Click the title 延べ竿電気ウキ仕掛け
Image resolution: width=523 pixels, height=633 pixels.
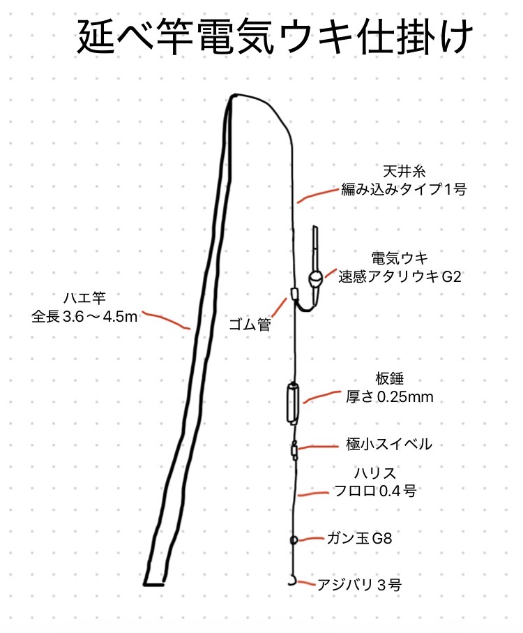click(x=275, y=38)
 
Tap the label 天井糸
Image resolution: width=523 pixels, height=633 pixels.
click(x=404, y=172)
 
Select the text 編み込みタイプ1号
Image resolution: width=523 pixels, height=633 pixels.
click(x=404, y=189)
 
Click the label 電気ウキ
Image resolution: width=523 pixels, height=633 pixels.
click(x=399, y=258)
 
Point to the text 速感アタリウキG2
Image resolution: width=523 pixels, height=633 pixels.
click(x=399, y=276)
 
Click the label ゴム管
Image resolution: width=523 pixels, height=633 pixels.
click(x=250, y=324)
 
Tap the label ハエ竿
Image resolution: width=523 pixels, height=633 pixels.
click(x=84, y=298)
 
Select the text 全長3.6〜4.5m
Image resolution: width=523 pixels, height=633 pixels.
click(x=84, y=317)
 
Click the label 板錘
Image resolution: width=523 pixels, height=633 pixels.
click(x=389, y=379)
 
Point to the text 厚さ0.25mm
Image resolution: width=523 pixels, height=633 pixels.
click(x=389, y=397)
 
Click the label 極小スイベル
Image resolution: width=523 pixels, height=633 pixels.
click(x=388, y=444)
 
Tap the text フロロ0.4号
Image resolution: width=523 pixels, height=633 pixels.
click(x=375, y=491)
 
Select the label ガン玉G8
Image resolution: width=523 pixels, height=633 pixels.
click(x=359, y=538)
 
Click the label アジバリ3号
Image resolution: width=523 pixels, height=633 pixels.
click(x=359, y=585)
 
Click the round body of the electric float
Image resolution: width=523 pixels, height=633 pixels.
click(x=315, y=278)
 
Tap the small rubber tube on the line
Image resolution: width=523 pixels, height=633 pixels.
click(x=294, y=292)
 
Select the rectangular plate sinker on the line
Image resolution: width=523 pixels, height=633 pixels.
click(x=293, y=403)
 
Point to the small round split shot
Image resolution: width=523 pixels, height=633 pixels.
click(x=294, y=539)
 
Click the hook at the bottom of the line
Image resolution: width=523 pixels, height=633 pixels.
click(x=292, y=581)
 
